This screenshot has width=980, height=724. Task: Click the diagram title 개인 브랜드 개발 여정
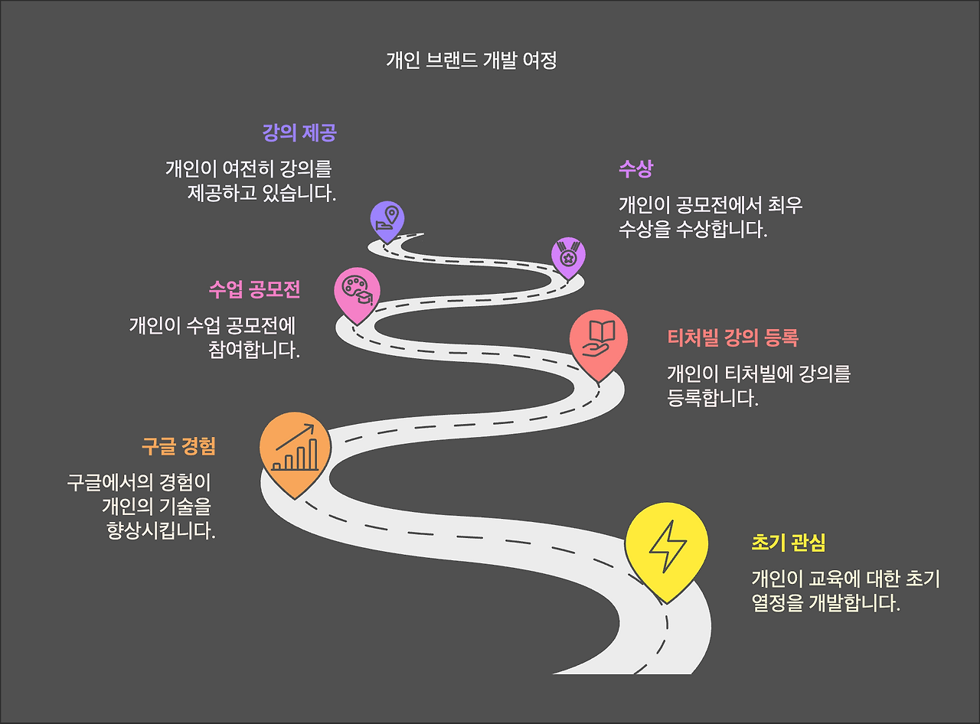[471, 60]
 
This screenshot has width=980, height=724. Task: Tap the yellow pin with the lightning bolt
[666, 549]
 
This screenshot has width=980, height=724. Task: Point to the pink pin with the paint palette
[357, 292]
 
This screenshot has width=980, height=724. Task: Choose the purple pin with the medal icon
[568, 256]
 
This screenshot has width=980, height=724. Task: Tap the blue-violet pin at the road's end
[387, 220]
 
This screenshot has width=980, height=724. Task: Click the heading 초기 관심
[789, 543]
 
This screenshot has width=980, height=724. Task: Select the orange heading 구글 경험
[178, 446]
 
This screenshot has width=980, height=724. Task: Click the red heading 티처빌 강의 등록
[733, 338]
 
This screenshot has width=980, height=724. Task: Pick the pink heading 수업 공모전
[254, 290]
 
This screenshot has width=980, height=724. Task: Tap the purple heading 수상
[635, 168]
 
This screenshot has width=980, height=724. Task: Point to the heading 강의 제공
[299, 133]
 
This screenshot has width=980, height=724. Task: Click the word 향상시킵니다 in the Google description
[161, 530]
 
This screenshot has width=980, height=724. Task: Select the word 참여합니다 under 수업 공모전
[253, 350]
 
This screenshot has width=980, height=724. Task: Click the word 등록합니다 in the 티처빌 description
[713, 398]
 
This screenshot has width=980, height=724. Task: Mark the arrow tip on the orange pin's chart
[313, 426]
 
